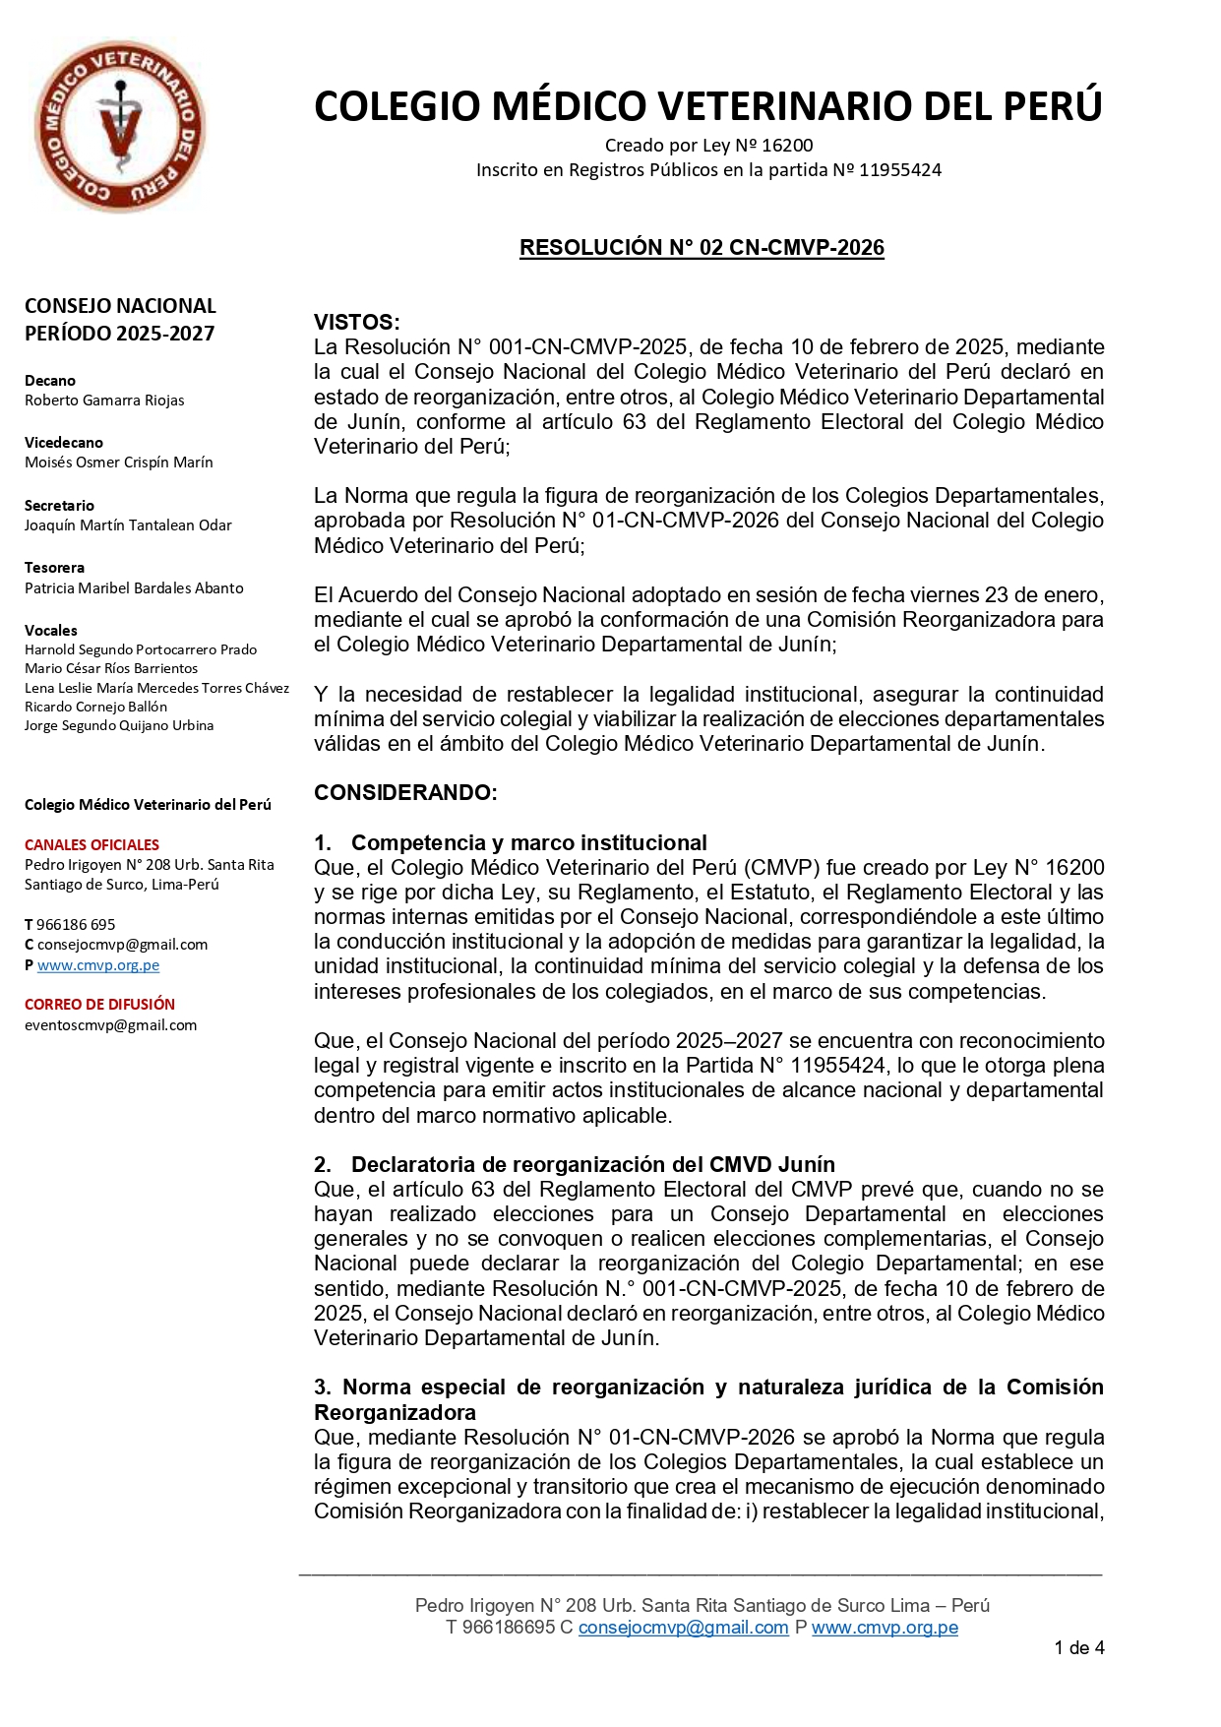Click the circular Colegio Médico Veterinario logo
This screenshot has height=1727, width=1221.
(119, 126)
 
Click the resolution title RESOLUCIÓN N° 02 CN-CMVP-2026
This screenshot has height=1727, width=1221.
(702, 248)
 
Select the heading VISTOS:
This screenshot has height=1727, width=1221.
(356, 322)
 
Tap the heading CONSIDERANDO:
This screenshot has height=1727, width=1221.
(405, 793)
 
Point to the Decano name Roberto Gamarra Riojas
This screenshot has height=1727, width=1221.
(104, 401)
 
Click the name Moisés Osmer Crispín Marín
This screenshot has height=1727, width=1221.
(118, 463)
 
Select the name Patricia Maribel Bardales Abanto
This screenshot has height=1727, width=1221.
(134, 588)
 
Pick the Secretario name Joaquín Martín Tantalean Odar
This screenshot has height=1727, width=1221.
(128, 525)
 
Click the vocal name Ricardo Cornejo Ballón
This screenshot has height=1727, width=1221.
(95, 707)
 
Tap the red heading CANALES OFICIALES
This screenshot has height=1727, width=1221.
(92, 845)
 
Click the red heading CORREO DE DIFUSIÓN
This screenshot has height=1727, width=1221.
(99, 1005)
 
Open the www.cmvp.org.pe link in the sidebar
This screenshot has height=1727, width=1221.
(98, 965)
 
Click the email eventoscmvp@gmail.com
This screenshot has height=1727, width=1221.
(110, 1025)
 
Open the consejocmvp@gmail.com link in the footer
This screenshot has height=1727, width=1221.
(683, 1628)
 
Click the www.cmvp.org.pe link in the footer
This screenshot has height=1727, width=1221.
(885, 1628)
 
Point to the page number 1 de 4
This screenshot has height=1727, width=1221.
(1078, 1648)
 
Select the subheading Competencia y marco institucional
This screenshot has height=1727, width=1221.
(528, 843)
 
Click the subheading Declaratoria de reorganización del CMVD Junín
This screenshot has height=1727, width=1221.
(592, 1165)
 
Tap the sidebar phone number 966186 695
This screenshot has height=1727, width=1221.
(76, 925)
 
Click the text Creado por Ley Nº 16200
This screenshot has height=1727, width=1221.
(708, 146)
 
